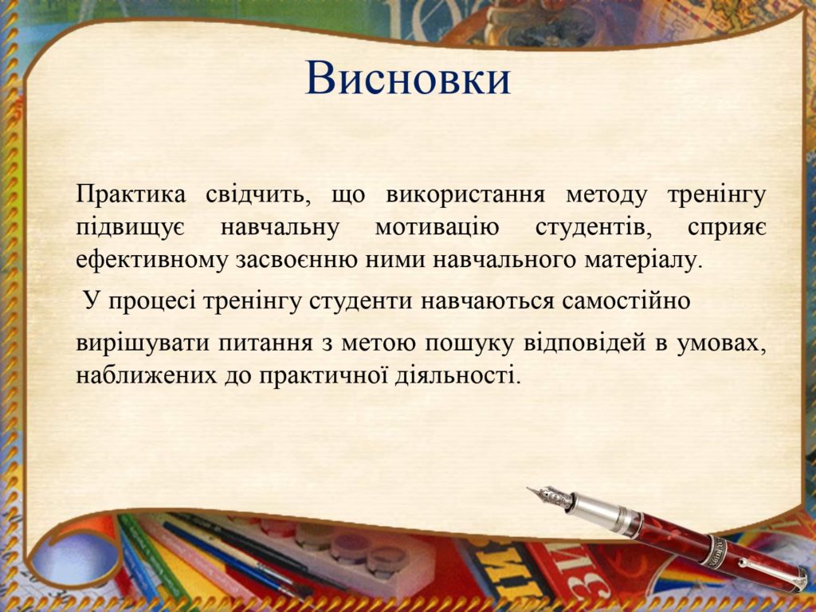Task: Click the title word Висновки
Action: tap(407, 78)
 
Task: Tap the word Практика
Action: tap(131, 194)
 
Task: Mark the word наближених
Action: tap(147, 375)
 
